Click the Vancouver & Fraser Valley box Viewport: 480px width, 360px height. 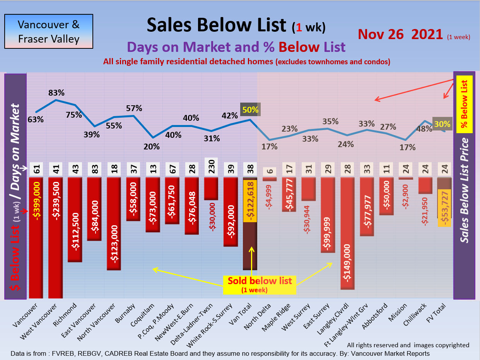(x=49, y=31)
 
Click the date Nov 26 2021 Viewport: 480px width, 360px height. (x=400, y=34)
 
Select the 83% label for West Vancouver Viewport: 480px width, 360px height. (x=56, y=93)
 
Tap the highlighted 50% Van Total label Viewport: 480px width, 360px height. (x=250, y=110)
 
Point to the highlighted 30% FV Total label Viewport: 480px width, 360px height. (x=442, y=124)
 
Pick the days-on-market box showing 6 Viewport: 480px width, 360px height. (x=270, y=171)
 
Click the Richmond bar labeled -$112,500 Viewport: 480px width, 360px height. (x=75, y=219)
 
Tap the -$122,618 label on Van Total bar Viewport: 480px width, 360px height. (x=250, y=201)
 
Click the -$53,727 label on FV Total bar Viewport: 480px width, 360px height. (x=444, y=208)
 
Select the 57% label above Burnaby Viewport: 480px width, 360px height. (x=134, y=108)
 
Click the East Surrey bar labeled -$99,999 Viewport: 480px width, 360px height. (x=328, y=215)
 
